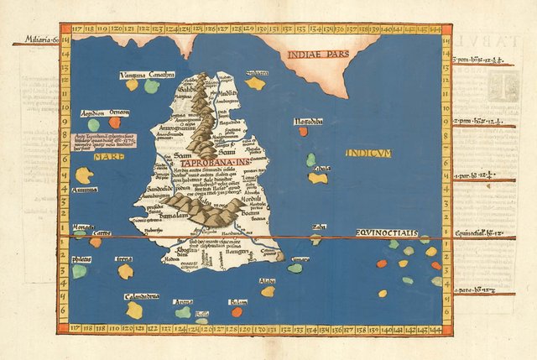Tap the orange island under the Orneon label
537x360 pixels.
[x=114, y=123]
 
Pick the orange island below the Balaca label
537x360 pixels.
[x=237, y=311]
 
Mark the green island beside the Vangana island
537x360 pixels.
[x=151, y=86]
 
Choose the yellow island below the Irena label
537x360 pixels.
[x=125, y=271]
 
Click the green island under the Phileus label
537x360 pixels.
[x=79, y=271]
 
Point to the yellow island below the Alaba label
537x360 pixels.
[x=268, y=291]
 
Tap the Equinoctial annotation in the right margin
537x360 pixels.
[x=478, y=232]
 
